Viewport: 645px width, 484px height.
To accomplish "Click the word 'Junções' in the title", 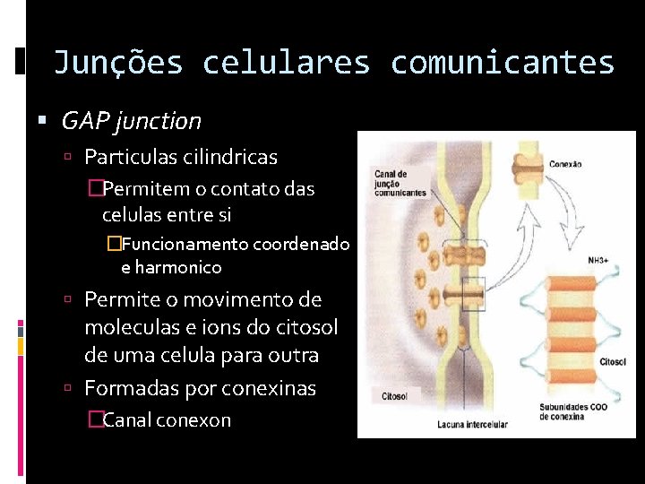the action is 118,63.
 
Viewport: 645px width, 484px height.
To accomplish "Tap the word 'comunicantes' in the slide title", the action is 503,63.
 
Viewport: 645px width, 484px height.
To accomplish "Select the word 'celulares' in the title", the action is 286,63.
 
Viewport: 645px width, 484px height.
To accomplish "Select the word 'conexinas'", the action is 271,388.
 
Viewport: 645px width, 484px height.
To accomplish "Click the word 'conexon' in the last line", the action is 193,419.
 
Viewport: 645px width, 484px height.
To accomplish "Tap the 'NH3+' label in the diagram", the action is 598,260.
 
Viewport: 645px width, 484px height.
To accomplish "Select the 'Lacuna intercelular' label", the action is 472,424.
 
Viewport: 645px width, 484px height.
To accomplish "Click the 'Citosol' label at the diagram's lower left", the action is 394,395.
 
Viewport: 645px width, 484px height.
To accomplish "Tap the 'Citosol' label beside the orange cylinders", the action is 613,363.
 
